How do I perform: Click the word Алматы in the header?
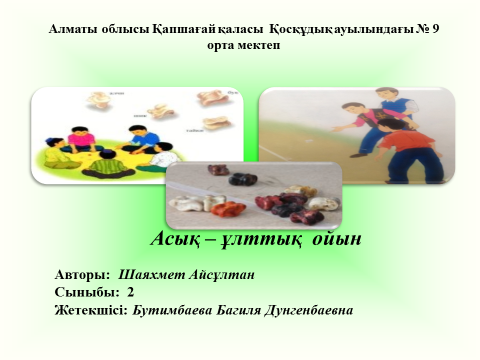click(72, 30)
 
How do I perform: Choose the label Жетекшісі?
click(92, 310)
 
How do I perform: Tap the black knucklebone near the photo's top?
click(240, 179)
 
